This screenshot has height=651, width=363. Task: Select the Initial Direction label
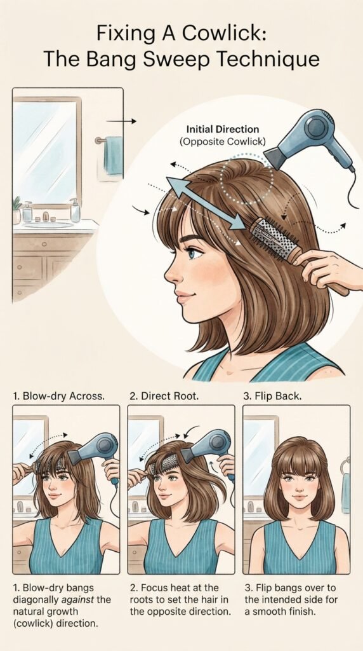click(223, 129)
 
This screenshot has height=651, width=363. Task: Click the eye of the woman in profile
click(194, 252)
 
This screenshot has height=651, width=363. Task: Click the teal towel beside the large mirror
click(113, 155)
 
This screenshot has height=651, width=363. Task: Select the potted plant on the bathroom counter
click(16, 210)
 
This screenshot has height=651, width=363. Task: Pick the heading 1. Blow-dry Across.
click(58, 395)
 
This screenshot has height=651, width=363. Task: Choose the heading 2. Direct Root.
click(164, 395)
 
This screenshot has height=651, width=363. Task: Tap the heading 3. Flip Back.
click(272, 395)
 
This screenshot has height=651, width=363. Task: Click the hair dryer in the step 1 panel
click(95, 453)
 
